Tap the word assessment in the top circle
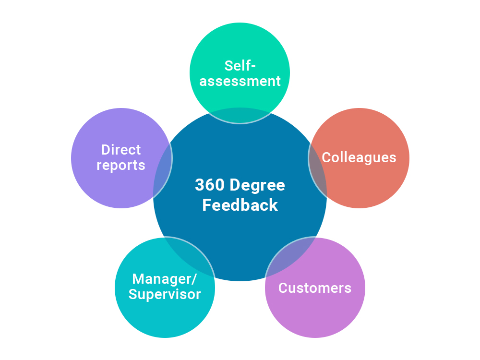tap(240, 81)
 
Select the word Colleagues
tap(359, 157)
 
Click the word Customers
tap(315, 288)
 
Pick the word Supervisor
tap(165, 294)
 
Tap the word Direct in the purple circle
tap(121, 150)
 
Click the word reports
tap(121, 166)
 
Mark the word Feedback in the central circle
tap(240, 205)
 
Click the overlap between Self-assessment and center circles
tap(240, 116)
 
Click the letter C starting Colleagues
tap(326, 157)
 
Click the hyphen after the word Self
tap(253, 66)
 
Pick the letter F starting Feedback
tap(206, 205)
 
